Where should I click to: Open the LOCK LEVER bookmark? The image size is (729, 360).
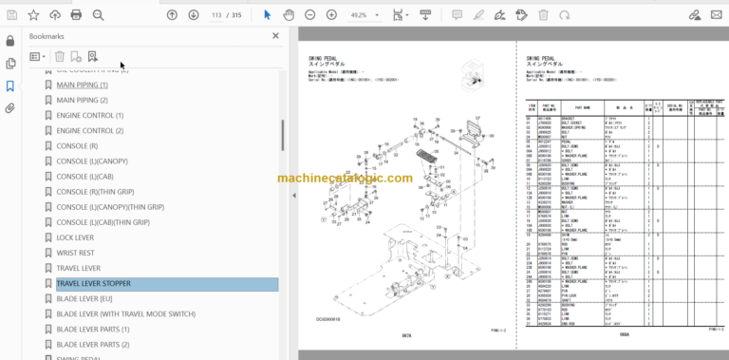(x=75, y=237)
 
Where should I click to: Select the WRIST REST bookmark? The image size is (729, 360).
(x=75, y=253)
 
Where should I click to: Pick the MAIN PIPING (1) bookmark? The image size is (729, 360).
(x=82, y=85)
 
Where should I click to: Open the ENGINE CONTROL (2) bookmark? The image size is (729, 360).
(x=90, y=130)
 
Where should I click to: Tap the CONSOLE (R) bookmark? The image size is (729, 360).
(x=77, y=145)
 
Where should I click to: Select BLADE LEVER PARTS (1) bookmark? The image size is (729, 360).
(x=92, y=329)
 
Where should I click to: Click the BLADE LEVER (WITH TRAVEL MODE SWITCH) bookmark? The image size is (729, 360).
(x=126, y=313)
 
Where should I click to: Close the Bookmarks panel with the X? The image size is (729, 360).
(x=276, y=36)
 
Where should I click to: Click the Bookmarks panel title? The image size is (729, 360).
(x=47, y=36)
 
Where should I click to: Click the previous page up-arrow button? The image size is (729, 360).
(x=172, y=14)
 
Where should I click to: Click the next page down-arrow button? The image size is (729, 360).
(x=194, y=14)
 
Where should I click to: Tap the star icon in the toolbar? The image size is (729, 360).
(x=33, y=14)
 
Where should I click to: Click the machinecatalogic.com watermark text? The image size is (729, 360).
(x=346, y=178)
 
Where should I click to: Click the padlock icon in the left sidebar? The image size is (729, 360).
(x=10, y=40)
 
